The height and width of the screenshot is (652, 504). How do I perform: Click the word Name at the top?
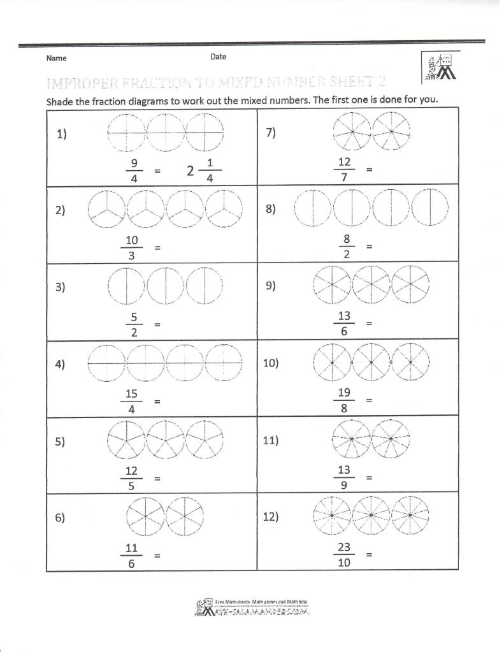pyautogui.click(x=57, y=58)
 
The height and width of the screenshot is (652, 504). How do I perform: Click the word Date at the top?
pyautogui.click(x=218, y=57)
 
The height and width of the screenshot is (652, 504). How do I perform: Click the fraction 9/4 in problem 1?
pyautogui.click(x=134, y=171)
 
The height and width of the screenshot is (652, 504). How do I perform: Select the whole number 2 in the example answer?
pyautogui.click(x=190, y=171)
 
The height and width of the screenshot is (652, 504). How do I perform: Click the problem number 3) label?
pyautogui.click(x=61, y=287)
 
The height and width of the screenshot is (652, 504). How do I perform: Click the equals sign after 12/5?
pyautogui.click(x=157, y=478)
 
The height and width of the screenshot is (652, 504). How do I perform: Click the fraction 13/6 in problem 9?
pyautogui.click(x=344, y=324)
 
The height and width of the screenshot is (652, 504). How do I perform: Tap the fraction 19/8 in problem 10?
pyautogui.click(x=344, y=401)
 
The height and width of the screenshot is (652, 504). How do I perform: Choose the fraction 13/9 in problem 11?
pyautogui.click(x=344, y=477)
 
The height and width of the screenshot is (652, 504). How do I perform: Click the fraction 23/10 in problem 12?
pyautogui.click(x=344, y=555)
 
